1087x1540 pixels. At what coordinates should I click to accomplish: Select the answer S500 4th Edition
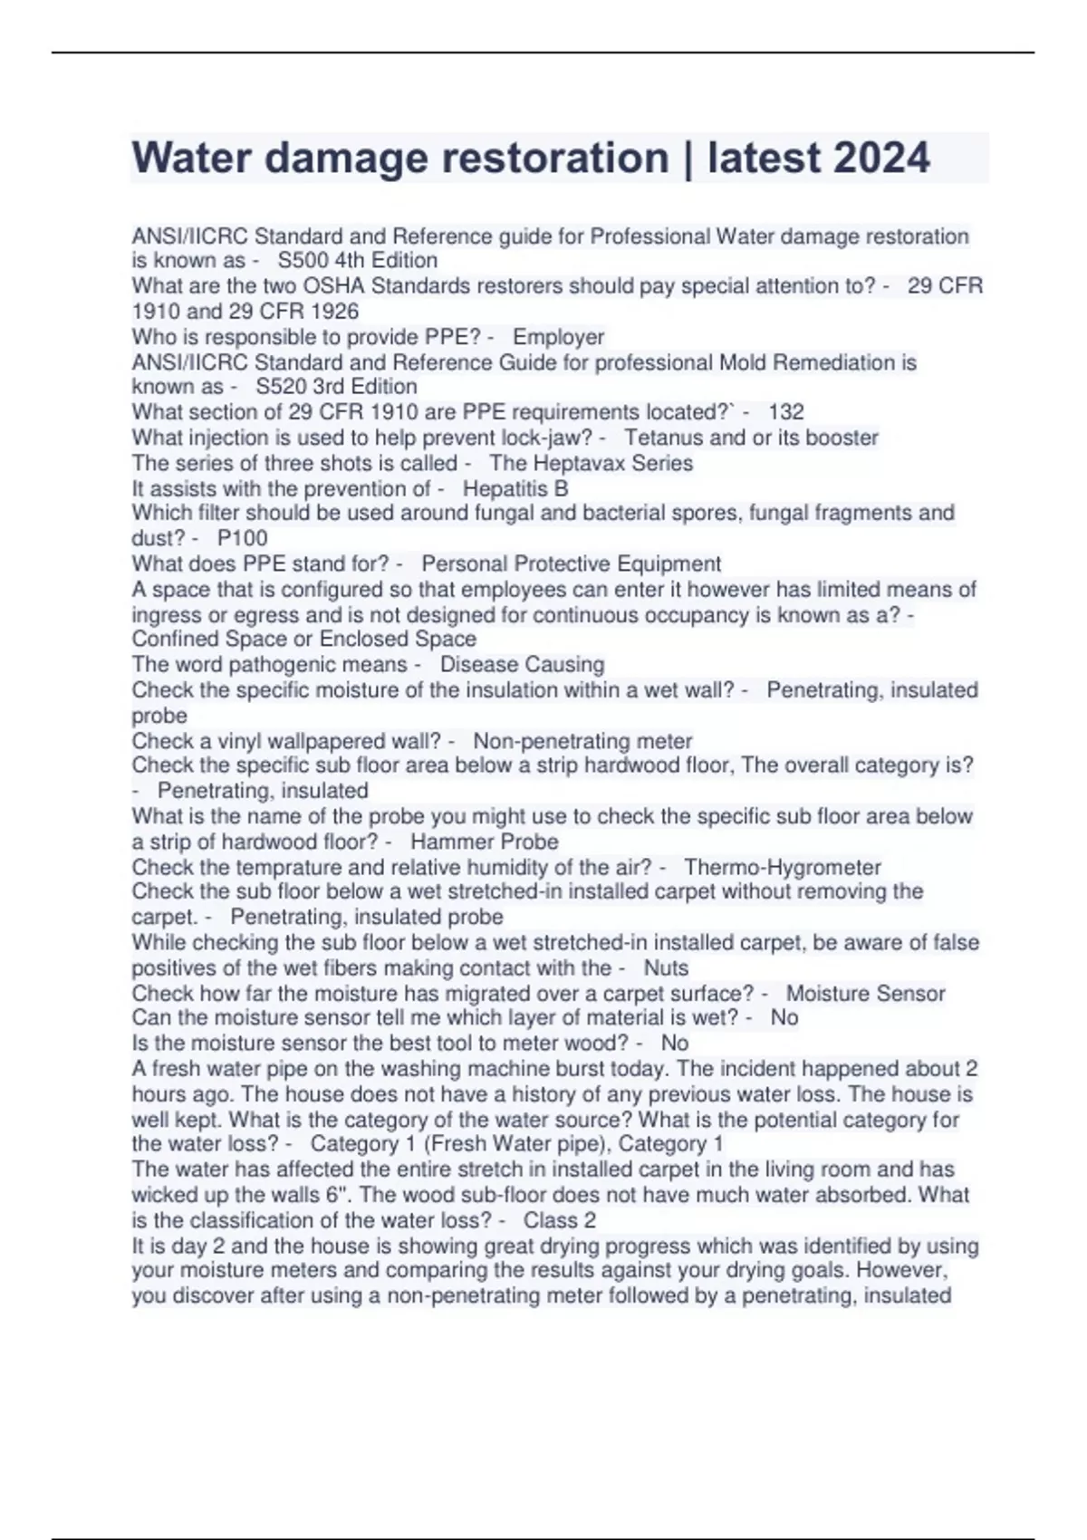click(357, 261)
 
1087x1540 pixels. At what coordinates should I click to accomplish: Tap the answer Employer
click(558, 337)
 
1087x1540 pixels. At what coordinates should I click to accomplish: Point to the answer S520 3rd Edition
click(336, 387)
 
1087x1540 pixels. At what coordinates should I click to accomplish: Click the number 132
click(785, 412)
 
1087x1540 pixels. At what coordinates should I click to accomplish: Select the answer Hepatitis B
click(515, 488)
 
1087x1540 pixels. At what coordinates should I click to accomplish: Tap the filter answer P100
click(242, 538)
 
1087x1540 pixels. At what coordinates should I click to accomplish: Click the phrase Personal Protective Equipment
click(571, 563)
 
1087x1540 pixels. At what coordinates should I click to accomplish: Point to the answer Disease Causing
click(522, 664)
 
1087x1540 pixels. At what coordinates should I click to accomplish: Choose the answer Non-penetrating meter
click(582, 741)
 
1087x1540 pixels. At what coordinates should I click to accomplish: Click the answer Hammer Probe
click(484, 842)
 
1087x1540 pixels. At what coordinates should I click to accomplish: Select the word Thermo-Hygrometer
click(783, 867)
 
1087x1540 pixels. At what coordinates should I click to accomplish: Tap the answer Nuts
click(666, 967)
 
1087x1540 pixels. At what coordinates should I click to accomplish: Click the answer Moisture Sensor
click(865, 994)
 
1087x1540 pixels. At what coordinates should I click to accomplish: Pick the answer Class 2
click(559, 1220)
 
